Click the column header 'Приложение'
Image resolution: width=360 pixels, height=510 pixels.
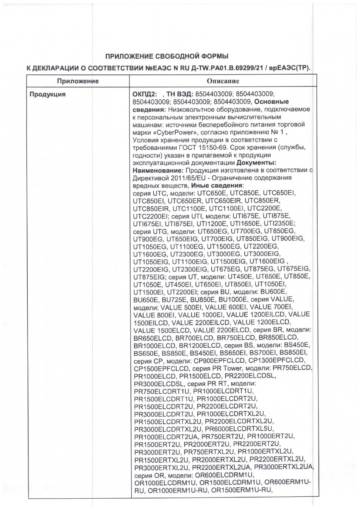tap(78, 81)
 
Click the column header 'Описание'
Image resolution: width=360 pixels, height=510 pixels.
tap(223, 81)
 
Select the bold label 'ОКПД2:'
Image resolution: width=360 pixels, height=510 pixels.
tap(144, 94)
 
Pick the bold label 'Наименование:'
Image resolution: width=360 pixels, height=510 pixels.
tap(158, 170)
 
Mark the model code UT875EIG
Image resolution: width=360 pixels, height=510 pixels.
tap(149, 276)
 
